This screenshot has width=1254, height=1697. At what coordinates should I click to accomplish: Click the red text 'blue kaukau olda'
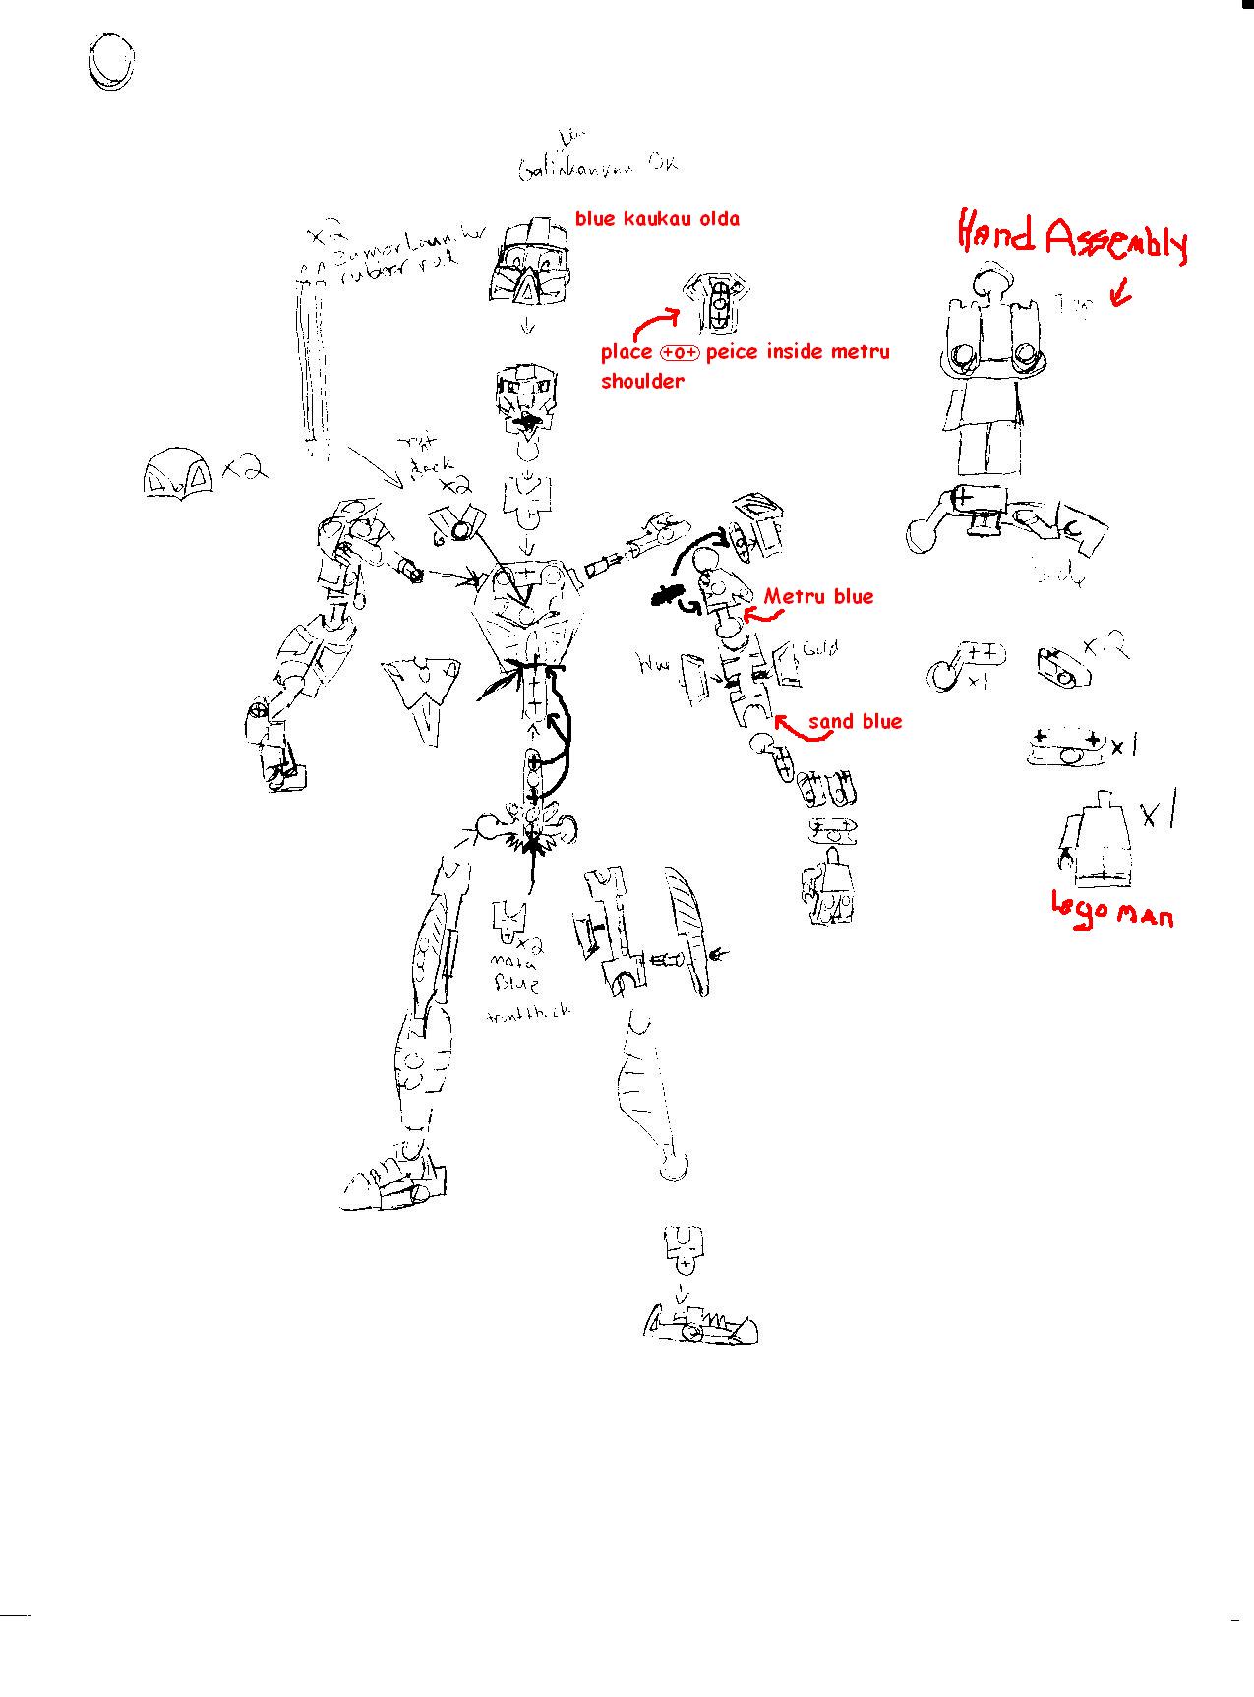(657, 219)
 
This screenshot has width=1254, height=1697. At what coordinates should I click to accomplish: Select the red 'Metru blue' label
(818, 596)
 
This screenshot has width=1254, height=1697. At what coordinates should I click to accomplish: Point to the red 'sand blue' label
(855, 722)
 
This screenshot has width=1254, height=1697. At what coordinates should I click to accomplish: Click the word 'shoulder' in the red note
(641, 382)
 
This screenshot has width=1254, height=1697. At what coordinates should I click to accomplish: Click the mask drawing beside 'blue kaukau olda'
(530, 261)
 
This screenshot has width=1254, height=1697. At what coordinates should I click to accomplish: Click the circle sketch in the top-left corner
(109, 63)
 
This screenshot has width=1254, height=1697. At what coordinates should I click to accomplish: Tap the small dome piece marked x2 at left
(179, 475)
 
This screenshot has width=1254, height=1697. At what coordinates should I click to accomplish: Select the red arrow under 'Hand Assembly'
(1120, 293)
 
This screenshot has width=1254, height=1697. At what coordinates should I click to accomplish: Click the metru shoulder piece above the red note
(718, 301)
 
